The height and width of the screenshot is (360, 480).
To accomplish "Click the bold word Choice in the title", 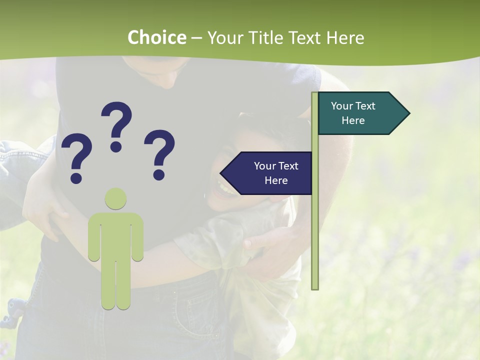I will click(x=156, y=37).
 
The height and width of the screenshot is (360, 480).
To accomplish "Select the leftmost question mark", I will click(x=76, y=153).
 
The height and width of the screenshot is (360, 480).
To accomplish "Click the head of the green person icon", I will click(x=115, y=199).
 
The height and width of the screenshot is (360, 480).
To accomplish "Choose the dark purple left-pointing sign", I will click(x=270, y=173).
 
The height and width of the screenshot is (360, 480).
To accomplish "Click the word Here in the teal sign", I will click(x=353, y=120).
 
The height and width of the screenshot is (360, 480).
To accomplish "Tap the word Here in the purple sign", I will click(x=276, y=180).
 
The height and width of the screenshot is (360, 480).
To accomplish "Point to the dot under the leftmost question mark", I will click(x=76, y=177).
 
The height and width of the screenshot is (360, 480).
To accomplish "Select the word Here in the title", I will click(x=345, y=37).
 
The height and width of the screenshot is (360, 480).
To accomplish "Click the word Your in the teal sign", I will click(x=342, y=106).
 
